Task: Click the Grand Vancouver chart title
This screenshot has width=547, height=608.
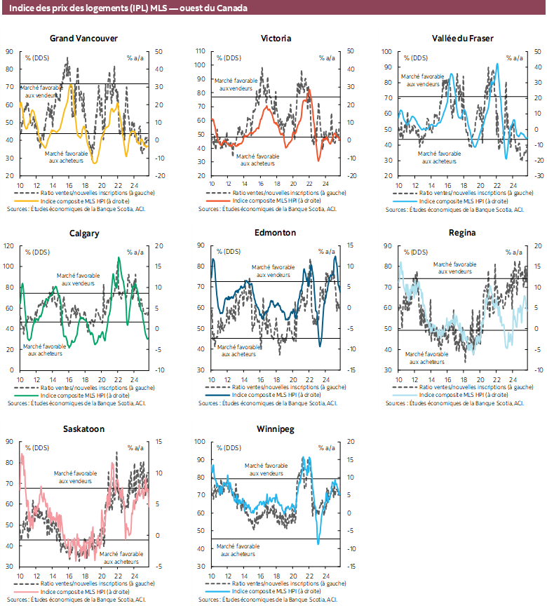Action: point(83,38)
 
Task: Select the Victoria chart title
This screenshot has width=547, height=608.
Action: point(276,38)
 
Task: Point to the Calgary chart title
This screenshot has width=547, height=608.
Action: point(83,233)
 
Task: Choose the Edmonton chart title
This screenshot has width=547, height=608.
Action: point(276,233)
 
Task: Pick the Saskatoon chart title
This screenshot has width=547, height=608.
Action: point(83,428)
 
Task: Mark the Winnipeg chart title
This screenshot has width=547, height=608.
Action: point(276,428)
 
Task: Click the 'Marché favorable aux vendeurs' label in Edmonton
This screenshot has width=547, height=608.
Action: point(273,271)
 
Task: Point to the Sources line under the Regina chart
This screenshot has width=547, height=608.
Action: point(452,403)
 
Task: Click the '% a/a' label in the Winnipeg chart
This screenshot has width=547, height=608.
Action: point(326,447)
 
